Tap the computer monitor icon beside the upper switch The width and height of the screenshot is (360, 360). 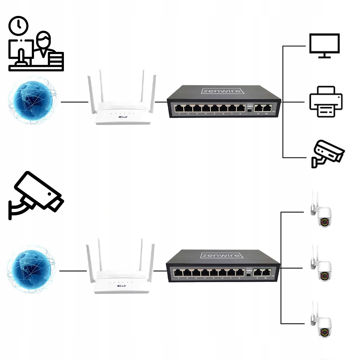pyautogui.click(x=324, y=46)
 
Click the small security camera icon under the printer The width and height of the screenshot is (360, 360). pyautogui.click(x=327, y=153)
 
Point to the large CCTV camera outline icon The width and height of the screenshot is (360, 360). pyautogui.click(x=35, y=194)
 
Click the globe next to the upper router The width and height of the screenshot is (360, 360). pyautogui.click(x=32, y=100)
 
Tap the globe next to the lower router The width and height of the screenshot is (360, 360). pyautogui.click(x=31, y=269)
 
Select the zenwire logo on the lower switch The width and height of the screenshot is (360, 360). pyautogui.click(x=221, y=255)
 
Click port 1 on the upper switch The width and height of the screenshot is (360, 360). pyautogui.click(x=179, y=108)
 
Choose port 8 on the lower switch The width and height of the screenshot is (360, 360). pyautogui.click(x=240, y=273)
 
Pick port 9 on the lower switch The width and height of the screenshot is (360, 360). pyautogui.click(x=257, y=273)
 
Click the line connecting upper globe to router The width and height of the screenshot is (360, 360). pyautogui.click(x=74, y=102)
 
